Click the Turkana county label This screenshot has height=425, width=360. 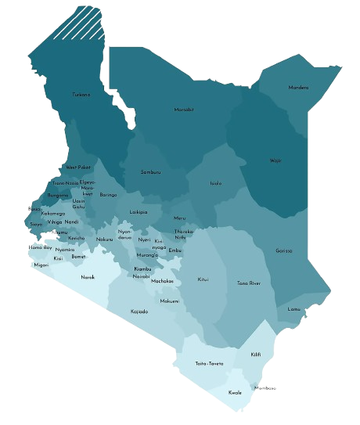point(81,95)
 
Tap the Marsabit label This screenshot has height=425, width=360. point(184,110)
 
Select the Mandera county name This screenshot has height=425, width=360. point(298,88)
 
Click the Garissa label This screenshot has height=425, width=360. point(285,250)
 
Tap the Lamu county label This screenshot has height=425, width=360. point(294,309)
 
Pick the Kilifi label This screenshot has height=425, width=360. point(256,355)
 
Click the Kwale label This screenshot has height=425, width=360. point(235,392)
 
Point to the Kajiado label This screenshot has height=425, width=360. point(139,312)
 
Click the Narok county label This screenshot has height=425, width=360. point(88,277)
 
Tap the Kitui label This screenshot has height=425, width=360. point(203,279)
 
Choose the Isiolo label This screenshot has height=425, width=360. point(216,183)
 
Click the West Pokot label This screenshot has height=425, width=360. point(78,167)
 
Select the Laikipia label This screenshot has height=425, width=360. point(139,212)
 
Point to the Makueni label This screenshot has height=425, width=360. point(170,301)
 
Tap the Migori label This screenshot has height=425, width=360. point(41,265)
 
